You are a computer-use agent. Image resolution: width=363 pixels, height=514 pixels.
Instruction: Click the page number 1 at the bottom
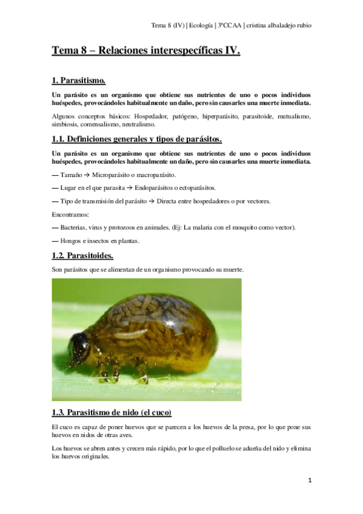point(310,481)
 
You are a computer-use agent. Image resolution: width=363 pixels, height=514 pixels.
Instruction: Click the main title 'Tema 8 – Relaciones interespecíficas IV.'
point(146,52)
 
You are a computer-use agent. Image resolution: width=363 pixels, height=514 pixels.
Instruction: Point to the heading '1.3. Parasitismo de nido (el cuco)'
point(112,413)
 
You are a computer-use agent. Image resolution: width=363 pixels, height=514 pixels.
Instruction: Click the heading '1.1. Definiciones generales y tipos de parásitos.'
point(137,138)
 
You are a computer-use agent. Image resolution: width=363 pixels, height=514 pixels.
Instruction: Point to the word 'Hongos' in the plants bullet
point(72,241)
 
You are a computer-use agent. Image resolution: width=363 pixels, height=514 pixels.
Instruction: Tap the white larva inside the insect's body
point(130,333)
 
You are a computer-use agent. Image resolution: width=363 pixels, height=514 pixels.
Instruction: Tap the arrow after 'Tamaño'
point(79,174)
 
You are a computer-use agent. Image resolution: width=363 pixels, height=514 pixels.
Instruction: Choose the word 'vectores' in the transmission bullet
point(274,201)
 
